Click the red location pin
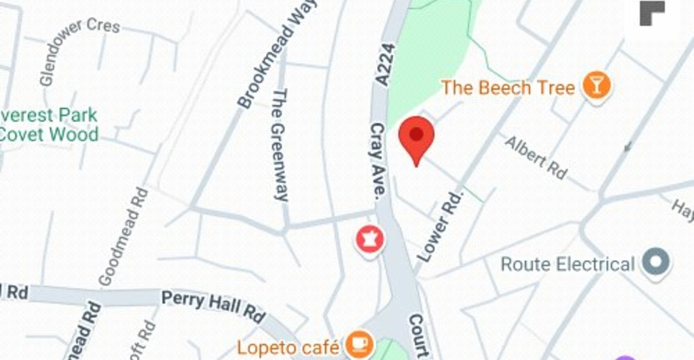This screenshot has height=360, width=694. tap(416, 136)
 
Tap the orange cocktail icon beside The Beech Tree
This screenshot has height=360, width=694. tap(596, 87)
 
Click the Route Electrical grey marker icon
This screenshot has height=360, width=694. tap(656, 263)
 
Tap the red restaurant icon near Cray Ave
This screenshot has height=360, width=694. tap(369, 240)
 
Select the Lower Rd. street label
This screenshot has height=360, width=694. tap(441, 226)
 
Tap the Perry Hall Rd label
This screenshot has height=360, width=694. tap(213, 306)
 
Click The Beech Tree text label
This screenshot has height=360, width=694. tap(508, 88)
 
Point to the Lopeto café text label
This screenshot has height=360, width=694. tap(288, 348)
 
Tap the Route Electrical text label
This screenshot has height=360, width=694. tap(567, 264)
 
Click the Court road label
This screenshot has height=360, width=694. tap(419, 335)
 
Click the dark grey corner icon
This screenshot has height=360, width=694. tap(652, 13)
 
